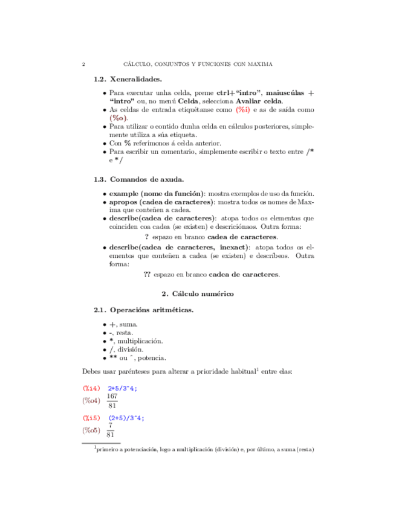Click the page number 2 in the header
tap(83, 64)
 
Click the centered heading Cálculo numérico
tap(203, 293)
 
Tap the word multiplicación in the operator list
tap(141, 341)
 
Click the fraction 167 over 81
tap(112, 402)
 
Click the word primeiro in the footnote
tap(109, 449)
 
